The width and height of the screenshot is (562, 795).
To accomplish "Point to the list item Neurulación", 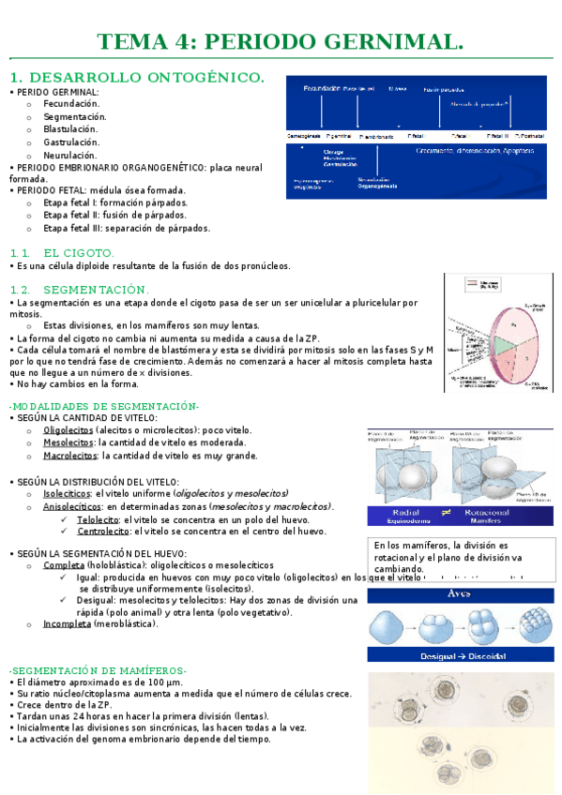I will (70, 155).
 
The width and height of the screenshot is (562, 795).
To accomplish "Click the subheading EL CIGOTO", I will (79, 252).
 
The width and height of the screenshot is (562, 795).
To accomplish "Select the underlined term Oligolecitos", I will (68, 429).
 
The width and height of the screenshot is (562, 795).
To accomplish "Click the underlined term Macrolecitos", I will (70, 456).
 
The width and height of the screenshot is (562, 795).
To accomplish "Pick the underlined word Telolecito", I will (98, 518).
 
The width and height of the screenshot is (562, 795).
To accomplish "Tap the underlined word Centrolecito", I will (103, 531).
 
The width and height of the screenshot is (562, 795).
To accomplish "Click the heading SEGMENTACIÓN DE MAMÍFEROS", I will (99, 670).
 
